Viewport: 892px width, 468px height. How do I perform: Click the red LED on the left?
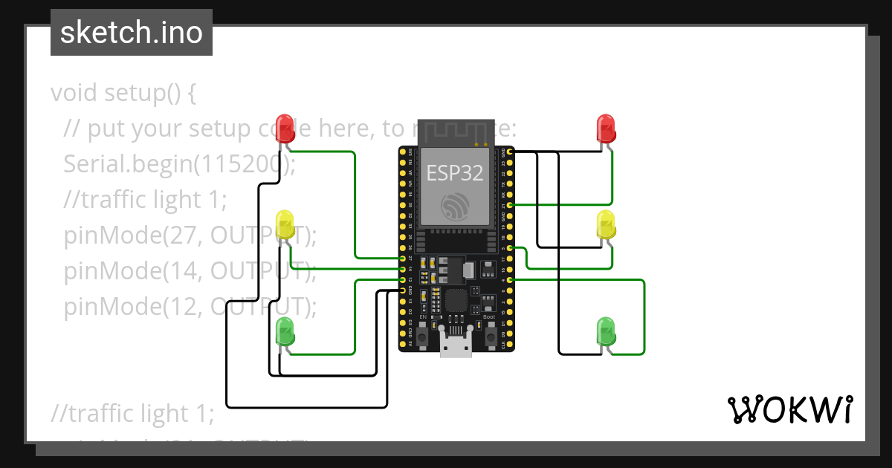(285, 127)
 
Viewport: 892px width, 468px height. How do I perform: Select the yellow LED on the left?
(285, 225)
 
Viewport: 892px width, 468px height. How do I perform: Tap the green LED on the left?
(285, 331)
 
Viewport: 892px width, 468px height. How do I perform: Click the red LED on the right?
(607, 128)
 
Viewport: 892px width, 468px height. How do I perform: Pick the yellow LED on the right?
(607, 225)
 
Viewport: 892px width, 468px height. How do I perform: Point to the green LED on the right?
(607, 331)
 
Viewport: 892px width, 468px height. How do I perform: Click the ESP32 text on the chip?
(455, 173)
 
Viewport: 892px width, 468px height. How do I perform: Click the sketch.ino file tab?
(132, 33)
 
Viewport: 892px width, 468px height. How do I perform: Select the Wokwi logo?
(789, 409)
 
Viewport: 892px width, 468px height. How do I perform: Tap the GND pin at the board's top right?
(509, 152)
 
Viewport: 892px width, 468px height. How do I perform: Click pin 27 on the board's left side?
(402, 258)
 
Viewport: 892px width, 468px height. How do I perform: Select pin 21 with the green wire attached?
(509, 204)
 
